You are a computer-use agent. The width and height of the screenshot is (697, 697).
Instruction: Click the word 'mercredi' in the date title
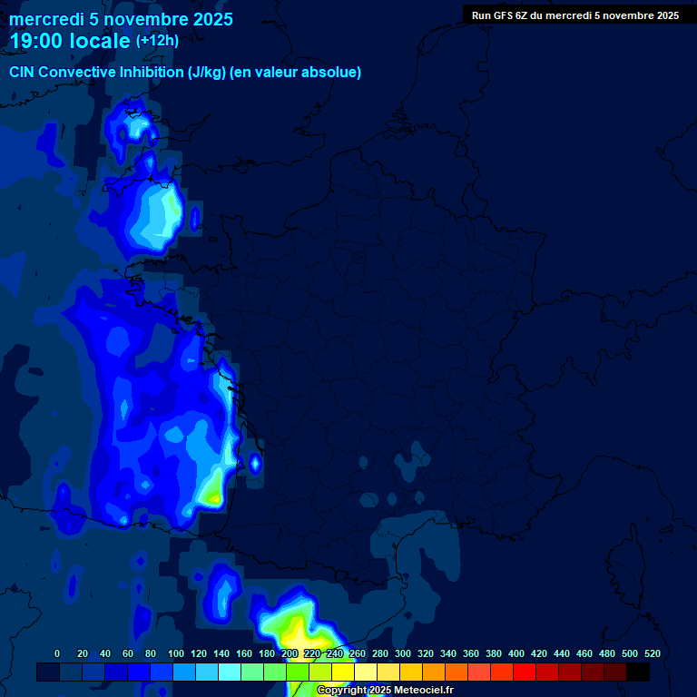click(x=44, y=19)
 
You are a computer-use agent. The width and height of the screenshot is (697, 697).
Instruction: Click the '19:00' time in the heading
click(x=36, y=41)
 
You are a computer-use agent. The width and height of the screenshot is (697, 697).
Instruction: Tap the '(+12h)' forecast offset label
click(x=157, y=41)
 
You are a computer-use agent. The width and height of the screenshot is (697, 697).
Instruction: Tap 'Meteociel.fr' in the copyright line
click(x=424, y=691)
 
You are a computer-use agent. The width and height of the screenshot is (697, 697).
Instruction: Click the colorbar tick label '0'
click(x=57, y=653)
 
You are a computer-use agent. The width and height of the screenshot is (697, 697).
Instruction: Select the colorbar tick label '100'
click(x=176, y=653)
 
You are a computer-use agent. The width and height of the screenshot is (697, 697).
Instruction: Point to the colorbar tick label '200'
click(x=290, y=653)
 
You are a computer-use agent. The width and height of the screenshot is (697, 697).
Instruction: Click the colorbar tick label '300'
click(x=403, y=653)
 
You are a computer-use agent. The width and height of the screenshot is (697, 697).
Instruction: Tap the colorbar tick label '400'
click(x=516, y=653)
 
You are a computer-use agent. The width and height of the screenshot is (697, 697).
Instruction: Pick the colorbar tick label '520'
click(x=652, y=653)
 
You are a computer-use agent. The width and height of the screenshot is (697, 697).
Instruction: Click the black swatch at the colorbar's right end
click(x=638, y=672)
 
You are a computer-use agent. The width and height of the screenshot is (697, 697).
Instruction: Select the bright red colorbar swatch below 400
click(x=525, y=672)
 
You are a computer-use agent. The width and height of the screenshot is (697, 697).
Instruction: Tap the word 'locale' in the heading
click(x=99, y=41)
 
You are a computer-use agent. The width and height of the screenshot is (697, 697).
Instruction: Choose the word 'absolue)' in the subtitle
click(x=334, y=73)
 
